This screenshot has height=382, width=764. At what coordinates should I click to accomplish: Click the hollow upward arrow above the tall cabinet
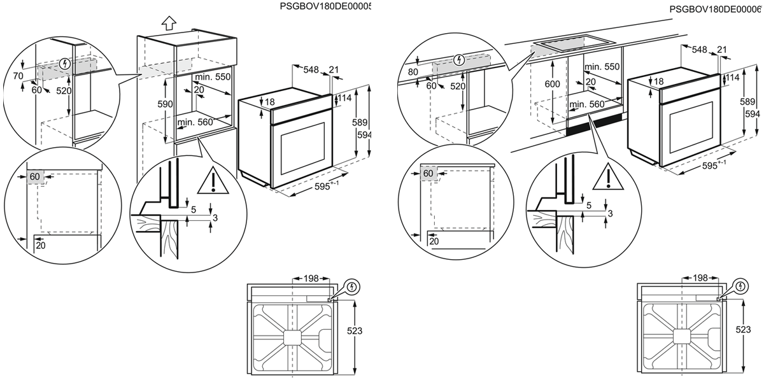[x=168, y=24]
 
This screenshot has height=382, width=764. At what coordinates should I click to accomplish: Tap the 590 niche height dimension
[x=164, y=104]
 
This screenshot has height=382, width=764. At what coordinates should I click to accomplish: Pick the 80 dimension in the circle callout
[x=413, y=71]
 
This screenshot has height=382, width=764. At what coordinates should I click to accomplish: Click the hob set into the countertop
[x=571, y=46]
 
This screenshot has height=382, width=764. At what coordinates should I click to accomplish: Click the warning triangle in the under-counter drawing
[x=607, y=178]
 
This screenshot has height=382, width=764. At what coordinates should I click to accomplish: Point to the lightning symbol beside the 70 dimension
[x=64, y=64]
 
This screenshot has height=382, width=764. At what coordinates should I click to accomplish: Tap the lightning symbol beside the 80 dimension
[x=460, y=60]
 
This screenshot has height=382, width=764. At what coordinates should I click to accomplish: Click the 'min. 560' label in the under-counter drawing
[x=587, y=104]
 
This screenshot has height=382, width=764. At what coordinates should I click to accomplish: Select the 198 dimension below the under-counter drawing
[x=700, y=278]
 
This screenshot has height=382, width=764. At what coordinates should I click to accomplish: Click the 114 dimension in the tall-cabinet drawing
[x=345, y=98]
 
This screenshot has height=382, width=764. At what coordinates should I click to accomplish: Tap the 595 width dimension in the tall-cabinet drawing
[x=324, y=187]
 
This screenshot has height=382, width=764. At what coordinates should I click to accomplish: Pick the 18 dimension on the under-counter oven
[x=658, y=81]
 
